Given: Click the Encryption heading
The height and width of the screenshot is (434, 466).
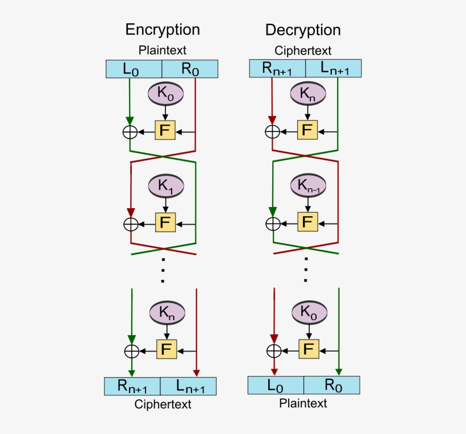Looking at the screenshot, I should tap(163, 30).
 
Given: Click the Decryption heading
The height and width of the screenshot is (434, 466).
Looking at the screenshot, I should tap(302, 30).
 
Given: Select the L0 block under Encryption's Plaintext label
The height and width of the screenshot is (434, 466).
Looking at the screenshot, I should tap(134, 69).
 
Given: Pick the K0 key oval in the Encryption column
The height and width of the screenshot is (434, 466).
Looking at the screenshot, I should tap(165, 93).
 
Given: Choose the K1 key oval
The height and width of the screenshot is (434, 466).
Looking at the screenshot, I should tap(165, 185).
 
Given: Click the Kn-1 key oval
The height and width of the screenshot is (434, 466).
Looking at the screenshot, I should tap(307, 185).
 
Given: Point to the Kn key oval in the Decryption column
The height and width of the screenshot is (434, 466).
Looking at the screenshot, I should tap(307, 93).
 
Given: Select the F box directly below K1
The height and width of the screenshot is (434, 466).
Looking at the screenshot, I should tap(165, 222).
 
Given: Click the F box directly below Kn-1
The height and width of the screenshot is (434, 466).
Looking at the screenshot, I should tap(307, 222).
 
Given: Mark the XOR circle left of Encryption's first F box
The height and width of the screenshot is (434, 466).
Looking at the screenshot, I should tap(130, 131).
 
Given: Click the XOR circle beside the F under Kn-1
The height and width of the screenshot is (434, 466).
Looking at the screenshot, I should tap(273, 224).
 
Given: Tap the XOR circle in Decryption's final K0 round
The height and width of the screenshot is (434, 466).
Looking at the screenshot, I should tap(274, 350).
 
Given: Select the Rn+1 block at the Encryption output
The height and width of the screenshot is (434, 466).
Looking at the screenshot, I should tap(132, 386).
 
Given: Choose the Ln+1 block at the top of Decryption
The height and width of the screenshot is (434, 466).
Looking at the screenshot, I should tap(334, 69).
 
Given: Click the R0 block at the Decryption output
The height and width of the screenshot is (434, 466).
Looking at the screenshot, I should tap(332, 386).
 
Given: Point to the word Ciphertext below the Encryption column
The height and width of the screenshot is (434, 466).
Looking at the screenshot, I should tap(163, 404).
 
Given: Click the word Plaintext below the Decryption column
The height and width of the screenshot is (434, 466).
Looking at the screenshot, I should tap(303, 403).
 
